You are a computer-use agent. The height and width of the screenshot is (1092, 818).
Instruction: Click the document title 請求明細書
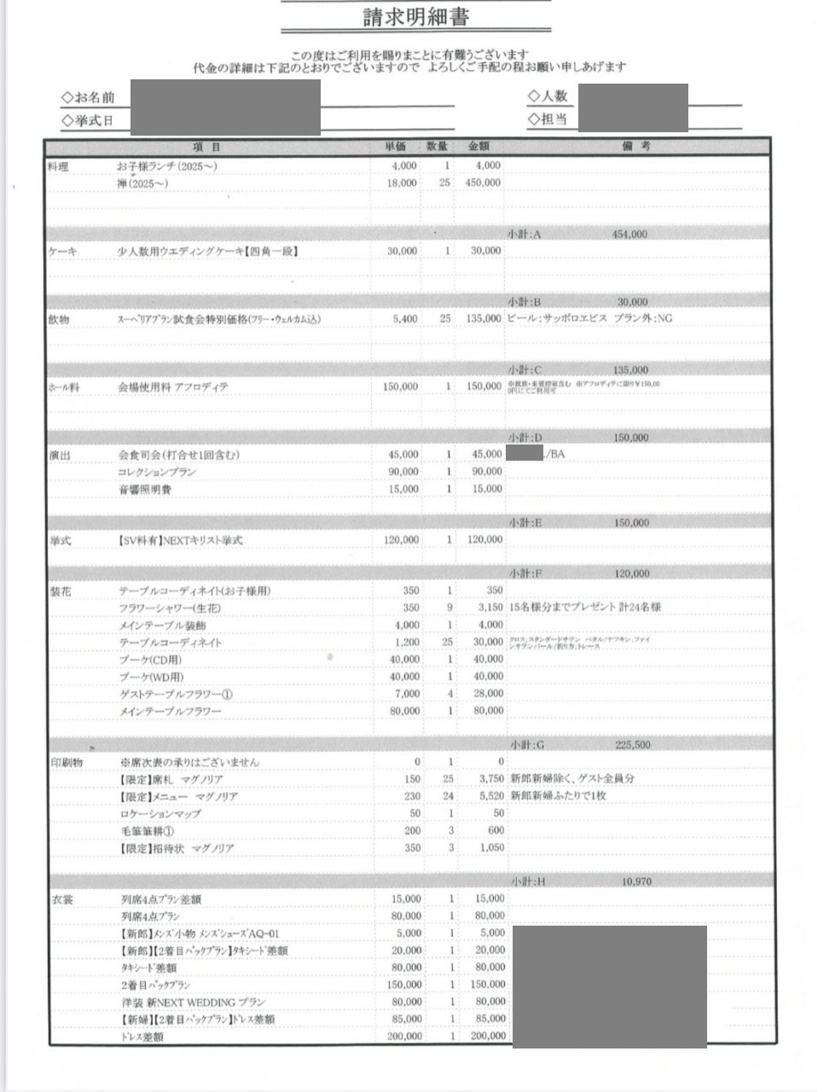415,17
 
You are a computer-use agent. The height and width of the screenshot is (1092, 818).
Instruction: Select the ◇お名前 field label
88,97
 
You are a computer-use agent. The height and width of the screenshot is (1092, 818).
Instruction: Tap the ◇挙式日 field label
87,121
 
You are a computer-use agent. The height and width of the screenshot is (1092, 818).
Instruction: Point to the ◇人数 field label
548,96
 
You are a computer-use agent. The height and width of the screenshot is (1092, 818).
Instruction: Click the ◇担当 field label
548,119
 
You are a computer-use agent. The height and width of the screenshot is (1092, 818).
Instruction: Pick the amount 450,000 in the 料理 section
483,183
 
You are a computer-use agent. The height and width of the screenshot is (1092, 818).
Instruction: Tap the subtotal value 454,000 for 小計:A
629,235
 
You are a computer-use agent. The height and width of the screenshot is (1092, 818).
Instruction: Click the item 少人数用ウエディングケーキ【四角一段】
208,252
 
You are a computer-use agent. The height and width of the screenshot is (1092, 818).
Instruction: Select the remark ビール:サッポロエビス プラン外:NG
589,318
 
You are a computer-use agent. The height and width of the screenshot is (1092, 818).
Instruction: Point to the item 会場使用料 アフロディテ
173,386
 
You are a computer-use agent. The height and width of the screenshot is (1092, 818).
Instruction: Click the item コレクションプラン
157,472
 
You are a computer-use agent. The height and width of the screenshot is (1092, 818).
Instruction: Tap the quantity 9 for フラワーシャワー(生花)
450,607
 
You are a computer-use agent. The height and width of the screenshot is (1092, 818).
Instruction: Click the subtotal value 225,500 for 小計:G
632,745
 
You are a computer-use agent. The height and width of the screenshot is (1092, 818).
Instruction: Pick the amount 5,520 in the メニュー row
488,796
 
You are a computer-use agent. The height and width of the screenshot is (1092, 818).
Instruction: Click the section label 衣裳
63,899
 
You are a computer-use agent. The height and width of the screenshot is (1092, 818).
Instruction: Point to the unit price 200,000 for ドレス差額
404,1037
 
